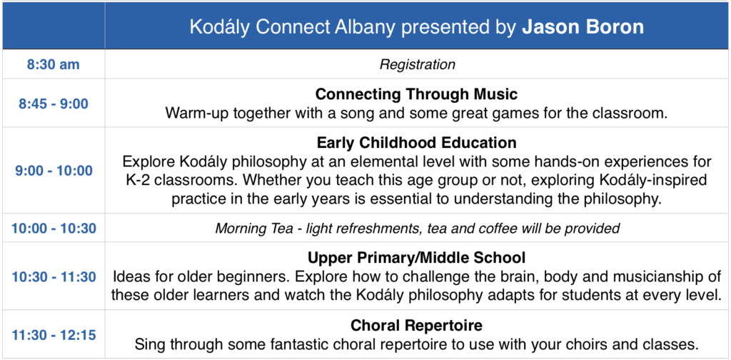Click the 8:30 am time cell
[x=53, y=64]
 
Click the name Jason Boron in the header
[x=583, y=27]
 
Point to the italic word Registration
[x=417, y=64]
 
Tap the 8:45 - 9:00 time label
[x=53, y=104]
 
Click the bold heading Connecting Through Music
[x=417, y=94]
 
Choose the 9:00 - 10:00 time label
[x=54, y=171]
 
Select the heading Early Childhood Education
[x=417, y=142]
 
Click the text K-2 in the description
[x=137, y=181]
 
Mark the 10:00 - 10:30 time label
[x=54, y=229]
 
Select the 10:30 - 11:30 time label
[x=54, y=276]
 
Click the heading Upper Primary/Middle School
[x=417, y=257]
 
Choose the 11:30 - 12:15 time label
[x=54, y=335]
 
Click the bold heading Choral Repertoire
[x=417, y=325]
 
